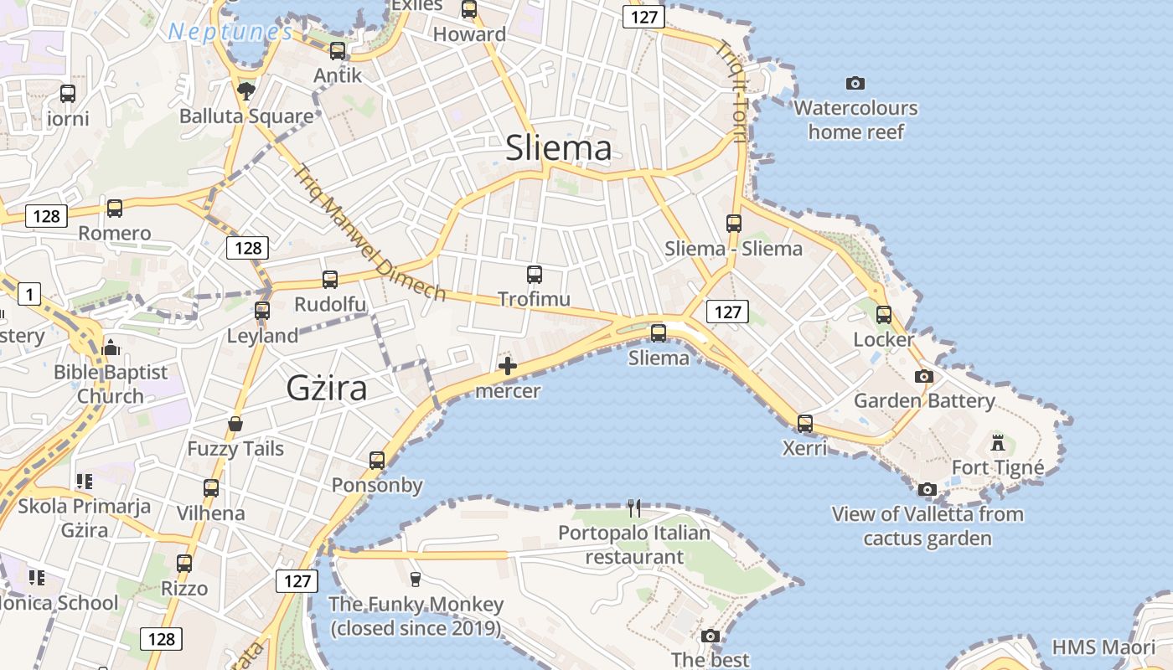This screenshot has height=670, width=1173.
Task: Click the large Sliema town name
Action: [558, 149]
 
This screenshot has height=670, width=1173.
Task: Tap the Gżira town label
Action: [327, 388]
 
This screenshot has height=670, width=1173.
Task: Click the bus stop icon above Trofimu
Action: [534, 274]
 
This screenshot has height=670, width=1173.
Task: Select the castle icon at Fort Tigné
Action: [997, 442]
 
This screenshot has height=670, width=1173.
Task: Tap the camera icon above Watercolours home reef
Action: [855, 83]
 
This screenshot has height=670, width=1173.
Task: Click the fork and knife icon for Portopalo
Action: [634, 508]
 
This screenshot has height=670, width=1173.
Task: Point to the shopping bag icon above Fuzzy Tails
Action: [235, 424]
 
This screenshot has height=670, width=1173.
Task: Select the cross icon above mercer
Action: [507, 366]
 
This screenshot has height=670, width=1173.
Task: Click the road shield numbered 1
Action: [29, 294]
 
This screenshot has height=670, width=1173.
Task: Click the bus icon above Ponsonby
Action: [377, 460]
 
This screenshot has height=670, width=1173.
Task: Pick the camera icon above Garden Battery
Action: [923, 376]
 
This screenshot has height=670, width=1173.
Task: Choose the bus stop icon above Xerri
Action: [804, 423]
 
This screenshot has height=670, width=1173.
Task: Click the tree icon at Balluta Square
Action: [246, 90]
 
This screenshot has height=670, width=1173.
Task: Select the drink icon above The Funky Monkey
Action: [415, 579]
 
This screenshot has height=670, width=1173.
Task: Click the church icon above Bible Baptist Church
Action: [110, 347]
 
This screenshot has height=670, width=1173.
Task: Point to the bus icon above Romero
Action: [115, 208]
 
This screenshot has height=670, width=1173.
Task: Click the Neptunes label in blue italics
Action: [230, 32]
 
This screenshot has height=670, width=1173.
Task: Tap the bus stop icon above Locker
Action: [884, 314]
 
